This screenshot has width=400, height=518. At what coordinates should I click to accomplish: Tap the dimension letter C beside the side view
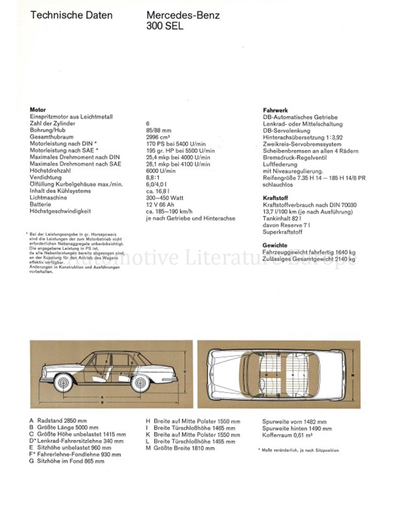coord(185,371)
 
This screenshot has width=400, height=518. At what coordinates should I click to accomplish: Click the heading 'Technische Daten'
coord(71,15)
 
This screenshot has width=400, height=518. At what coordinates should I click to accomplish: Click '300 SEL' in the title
coord(165,26)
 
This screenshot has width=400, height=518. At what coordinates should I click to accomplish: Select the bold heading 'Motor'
coord(38,110)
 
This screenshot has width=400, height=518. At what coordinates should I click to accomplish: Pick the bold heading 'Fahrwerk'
coord(275,110)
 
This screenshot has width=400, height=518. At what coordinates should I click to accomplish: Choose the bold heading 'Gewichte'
coord(275,245)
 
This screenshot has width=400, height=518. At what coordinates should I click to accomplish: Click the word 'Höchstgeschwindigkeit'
coord(60,211)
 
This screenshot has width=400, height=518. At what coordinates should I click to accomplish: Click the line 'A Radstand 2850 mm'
coord(58,421)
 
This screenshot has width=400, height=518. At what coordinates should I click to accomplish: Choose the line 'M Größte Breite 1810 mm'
coord(180,448)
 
